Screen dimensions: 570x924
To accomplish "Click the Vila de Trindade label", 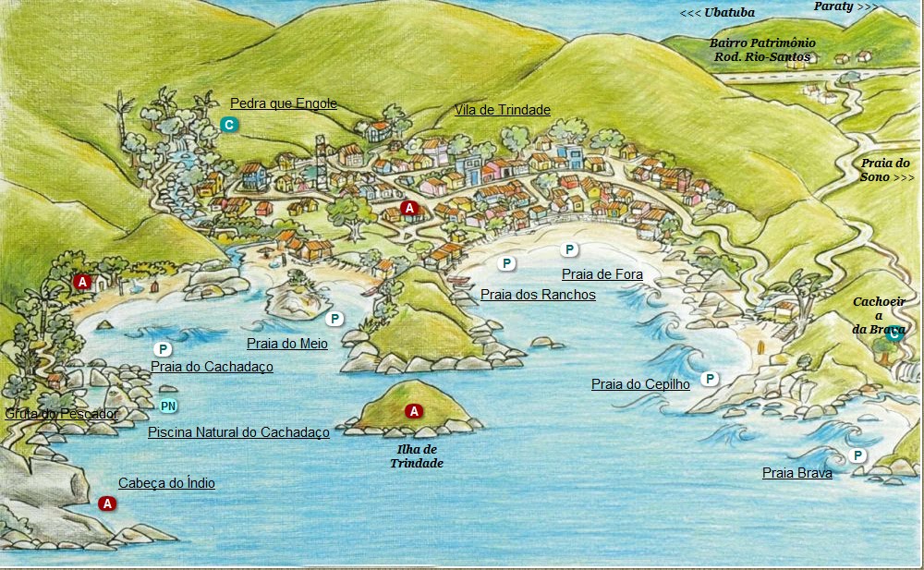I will click(x=502, y=110).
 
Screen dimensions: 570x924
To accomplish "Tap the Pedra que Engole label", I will click(x=283, y=103).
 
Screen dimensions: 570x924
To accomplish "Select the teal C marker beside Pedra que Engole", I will click(x=229, y=125).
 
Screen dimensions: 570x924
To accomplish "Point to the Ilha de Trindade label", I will click(x=416, y=456).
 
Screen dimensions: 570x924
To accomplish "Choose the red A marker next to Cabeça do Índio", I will click(x=107, y=503).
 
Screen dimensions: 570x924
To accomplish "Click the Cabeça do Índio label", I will click(x=166, y=483).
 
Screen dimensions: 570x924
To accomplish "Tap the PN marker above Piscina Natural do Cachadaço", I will click(x=168, y=406).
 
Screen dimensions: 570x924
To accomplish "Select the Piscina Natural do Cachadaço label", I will click(x=238, y=432).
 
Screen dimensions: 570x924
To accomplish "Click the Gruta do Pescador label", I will click(x=61, y=414).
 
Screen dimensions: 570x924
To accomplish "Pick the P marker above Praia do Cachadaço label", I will click(x=163, y=349).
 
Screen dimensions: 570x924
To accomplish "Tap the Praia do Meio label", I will click(x=286, y=344).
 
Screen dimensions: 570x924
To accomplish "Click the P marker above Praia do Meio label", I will click(x=334, y=319).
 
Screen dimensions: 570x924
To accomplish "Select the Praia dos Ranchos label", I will click(x=538, y=295).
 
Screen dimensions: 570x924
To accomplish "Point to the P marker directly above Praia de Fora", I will click(x=570, y=249).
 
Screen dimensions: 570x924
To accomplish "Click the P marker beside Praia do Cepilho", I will click(x=710, y=379).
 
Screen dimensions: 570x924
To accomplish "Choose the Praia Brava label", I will click(x=796, y=473).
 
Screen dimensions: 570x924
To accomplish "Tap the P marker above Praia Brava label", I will click(x=857, y=455).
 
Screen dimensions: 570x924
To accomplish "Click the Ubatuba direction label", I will click(x=717, y=13).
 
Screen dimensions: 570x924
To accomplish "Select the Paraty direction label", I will click(x=845, y=6).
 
